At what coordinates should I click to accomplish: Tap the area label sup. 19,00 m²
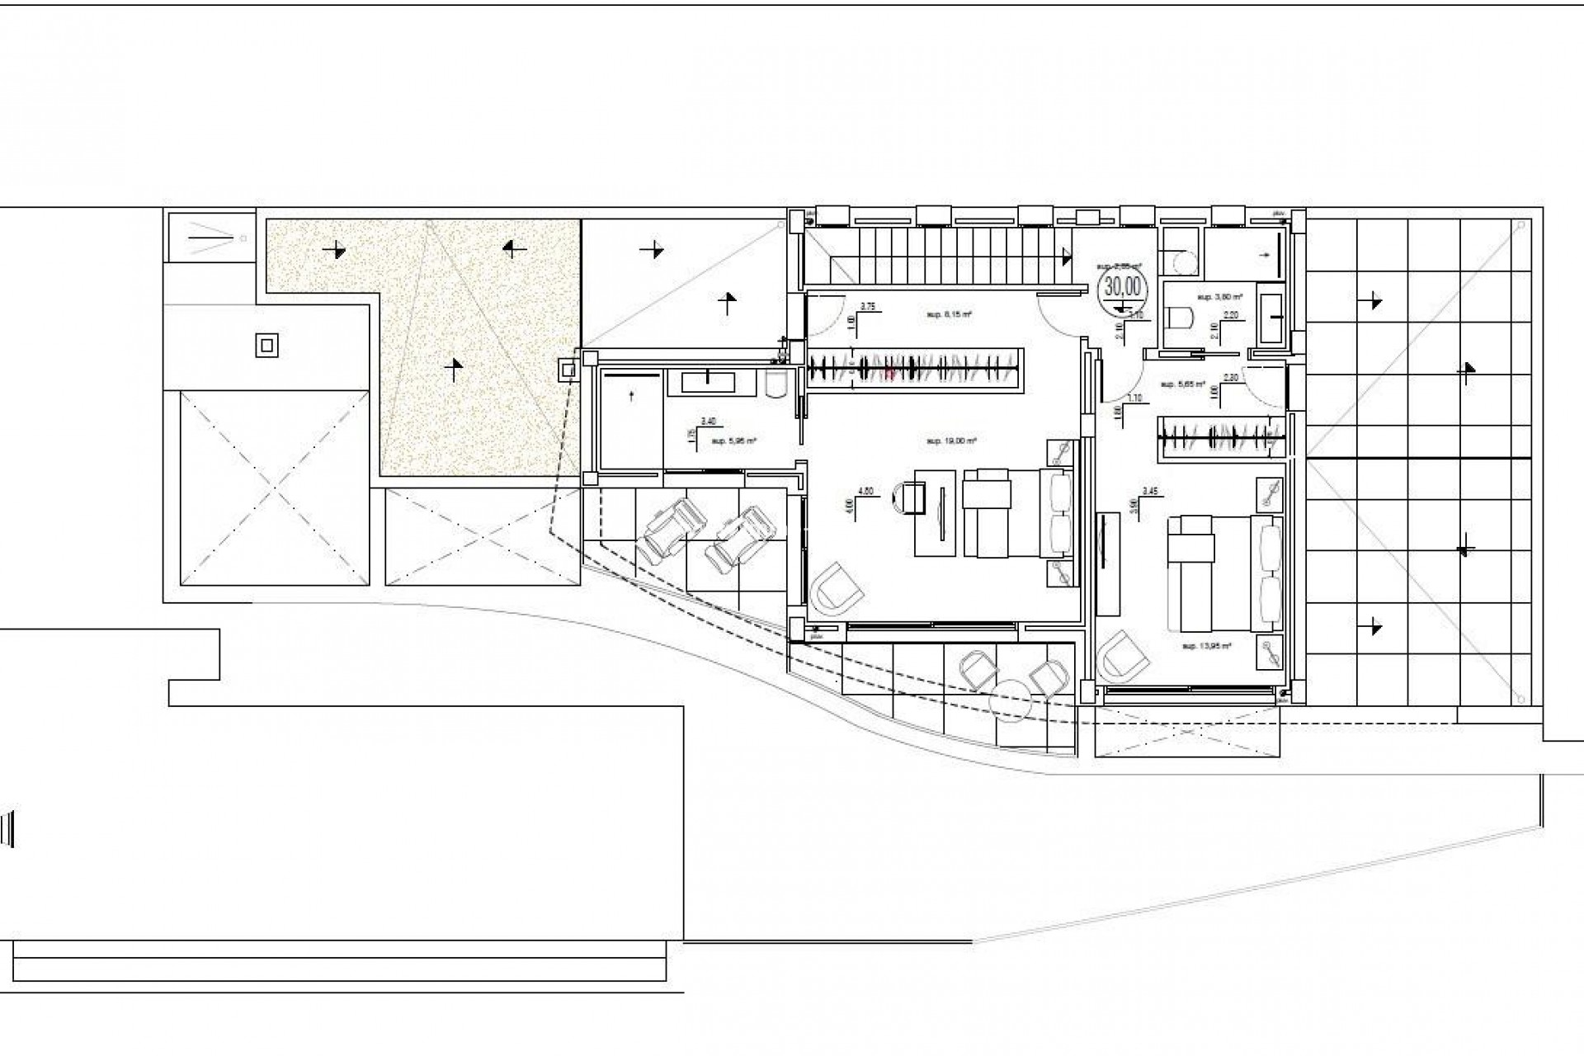point(951,441)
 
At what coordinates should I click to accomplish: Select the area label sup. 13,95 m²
point(1205,646)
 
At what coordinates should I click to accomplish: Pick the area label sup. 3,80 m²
point(1219,295)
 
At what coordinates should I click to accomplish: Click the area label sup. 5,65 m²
point(1182,384)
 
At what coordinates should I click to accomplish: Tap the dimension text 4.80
point(865,491)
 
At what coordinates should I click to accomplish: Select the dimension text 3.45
point(1150,491)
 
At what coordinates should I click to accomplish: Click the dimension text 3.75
point(867,306)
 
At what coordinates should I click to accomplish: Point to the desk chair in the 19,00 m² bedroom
point(907,498)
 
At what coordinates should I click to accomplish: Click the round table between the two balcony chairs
point(1013,698)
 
